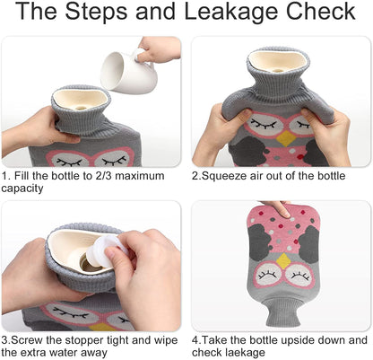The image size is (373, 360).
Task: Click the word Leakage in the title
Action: [x=232, y=12]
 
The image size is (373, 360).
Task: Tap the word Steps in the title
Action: [x=98, y=11]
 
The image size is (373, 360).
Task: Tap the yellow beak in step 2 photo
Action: [x=285, y=138]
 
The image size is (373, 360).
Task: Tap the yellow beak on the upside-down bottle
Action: [x=283, y=260]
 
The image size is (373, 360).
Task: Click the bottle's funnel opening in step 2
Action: [x=278, y=61]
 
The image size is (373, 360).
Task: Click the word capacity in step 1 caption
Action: [x=22, y=189]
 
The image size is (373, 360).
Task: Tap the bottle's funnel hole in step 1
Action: [x=80, y=108]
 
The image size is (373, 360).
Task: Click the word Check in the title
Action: [x=320, y=11]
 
